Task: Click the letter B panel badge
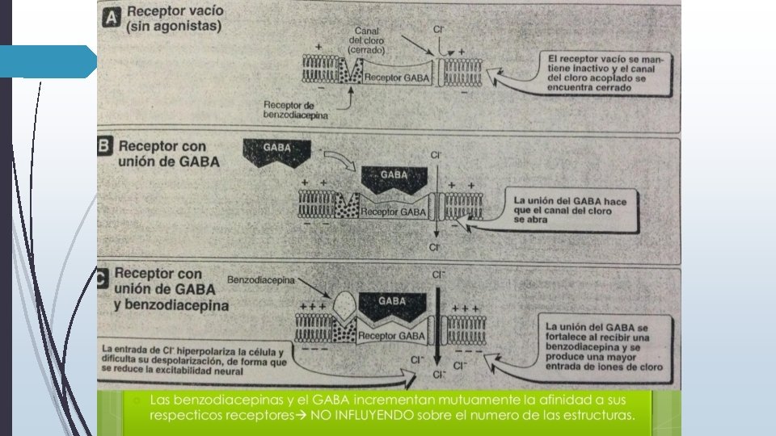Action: (x=106, y=149)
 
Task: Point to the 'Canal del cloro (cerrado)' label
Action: (x=367, y=40)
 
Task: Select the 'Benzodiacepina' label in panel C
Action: (x=261, y=280)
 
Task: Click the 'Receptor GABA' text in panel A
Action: (x=394, y=78)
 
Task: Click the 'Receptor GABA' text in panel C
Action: (x=391, y=335)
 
